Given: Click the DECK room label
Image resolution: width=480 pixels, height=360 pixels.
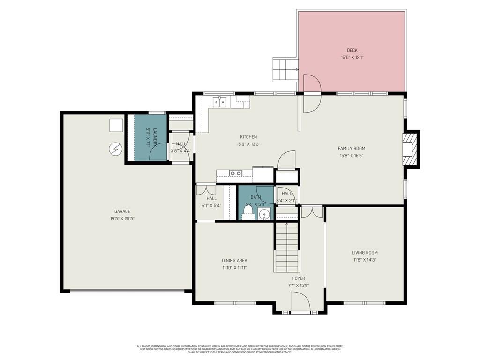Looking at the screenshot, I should tap(352, 50).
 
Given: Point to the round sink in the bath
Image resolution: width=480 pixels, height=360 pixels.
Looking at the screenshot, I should tap(265, 215).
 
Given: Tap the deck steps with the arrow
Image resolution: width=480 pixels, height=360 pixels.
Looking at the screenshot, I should tap(285, 70).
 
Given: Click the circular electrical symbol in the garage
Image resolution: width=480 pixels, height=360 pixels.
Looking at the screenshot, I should tap(115, 149).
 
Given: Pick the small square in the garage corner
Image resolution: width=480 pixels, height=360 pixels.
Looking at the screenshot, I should tap(116, 125).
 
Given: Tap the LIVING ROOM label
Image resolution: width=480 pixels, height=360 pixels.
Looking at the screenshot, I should tap(365, 253).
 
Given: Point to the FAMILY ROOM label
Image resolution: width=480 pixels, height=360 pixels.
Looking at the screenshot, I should tap(352, 148).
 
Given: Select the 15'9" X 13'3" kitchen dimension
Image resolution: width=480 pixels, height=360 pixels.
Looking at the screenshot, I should tap(248, 144).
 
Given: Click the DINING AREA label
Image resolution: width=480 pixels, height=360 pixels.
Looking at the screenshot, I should tap(234, 261).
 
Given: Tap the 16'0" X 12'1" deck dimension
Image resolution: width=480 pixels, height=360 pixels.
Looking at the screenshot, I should tap(352, 58).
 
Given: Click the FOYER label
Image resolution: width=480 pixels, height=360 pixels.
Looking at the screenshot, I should tap(299, 278).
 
